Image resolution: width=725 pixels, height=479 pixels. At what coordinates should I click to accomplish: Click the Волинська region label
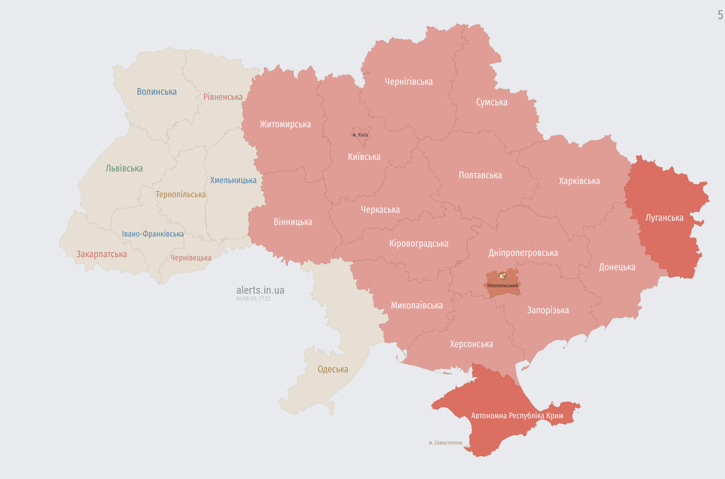click(157, 92)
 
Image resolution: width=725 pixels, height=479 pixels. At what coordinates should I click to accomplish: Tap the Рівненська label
click(223, 97)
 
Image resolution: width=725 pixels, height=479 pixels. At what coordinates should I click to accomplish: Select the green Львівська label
click(124, 168)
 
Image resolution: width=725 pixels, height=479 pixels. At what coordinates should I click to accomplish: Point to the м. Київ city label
click(360, 135)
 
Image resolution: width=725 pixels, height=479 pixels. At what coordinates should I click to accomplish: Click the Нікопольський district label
click(502, 286)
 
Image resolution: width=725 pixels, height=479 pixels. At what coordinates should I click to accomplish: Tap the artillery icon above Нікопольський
click(502, 276)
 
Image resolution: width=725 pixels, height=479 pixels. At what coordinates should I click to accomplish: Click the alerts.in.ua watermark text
click(260, 290)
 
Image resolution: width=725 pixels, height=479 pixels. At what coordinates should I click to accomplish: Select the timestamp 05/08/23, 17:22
click(253, 299)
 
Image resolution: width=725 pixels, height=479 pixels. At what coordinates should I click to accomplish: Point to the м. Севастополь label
click(445, 443)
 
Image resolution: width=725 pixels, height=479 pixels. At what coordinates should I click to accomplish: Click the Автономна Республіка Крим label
click(517, 416)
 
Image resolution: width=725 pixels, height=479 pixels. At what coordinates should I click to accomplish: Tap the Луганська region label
click(664, 218)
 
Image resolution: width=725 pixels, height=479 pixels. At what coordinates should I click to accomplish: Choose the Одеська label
click(333, 369)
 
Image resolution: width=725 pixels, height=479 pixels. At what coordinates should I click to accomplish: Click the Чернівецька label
click(191, 258)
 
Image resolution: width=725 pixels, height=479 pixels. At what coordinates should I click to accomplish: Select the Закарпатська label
click(101, 254)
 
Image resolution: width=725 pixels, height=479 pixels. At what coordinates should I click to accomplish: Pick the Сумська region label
click(491, 103)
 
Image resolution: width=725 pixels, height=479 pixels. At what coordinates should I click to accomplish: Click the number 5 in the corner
click(720, 15)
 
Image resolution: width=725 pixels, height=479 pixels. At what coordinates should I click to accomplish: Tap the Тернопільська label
click(180, 195)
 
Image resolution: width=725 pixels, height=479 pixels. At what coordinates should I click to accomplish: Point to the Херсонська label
click(471, 344)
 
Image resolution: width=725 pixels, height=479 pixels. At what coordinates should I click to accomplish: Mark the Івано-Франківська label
click(153, 234)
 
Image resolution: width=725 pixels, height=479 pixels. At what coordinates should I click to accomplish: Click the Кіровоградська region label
click(419, 244)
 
